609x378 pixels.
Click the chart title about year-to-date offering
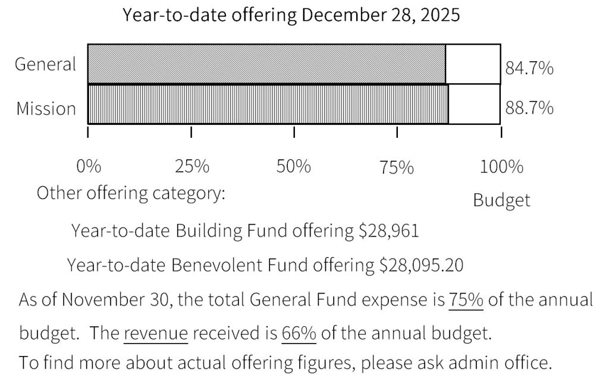point(291,15)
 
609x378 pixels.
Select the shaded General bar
point(266,64)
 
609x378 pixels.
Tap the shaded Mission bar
point(268,104)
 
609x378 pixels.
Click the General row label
point(46,64)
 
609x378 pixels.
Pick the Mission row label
point(46,109)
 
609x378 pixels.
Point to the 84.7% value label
point(529,69)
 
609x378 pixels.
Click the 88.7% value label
point(529,109)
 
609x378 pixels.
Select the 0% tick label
point(89,167)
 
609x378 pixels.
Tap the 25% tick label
point(192,167)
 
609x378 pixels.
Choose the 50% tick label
point(294,167)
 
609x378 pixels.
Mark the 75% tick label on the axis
point(397,168)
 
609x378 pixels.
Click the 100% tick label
point(501,167)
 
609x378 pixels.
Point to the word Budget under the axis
point(501,200)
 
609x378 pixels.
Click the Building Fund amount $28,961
point(388,231)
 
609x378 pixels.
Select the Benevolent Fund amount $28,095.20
point(422,265)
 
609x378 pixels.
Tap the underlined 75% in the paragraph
point(466,300)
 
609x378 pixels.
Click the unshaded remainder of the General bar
point(473,64)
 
